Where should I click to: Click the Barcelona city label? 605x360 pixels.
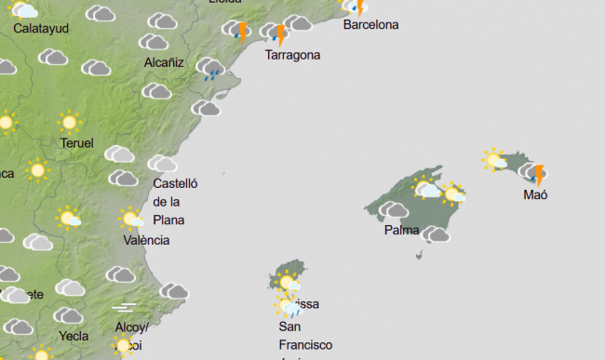[370, 24]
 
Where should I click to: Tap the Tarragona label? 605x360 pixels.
[292, 55]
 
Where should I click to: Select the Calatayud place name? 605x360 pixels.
[41, 28]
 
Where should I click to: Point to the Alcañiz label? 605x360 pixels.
[164, 62]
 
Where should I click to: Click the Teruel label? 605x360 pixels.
[77, 143]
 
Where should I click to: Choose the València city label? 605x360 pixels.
[146, 240]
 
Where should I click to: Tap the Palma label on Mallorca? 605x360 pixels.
[401, 230]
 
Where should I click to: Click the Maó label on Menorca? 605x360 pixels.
[535, 195]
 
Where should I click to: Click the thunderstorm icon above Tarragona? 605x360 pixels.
[277, 34]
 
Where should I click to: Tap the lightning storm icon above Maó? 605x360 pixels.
[536, 174]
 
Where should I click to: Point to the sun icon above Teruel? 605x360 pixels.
[68, 122]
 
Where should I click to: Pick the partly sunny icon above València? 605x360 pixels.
[130, 220]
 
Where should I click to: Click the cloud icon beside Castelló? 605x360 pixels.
[162, 164]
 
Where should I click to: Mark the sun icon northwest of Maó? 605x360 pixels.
[493, 160]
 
